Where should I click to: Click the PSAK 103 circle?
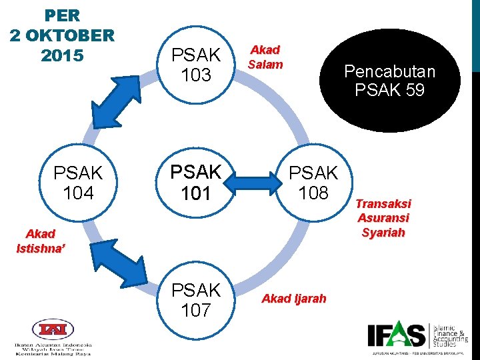coord(195,64)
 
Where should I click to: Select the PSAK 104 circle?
coord(78,183)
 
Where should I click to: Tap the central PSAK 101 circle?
coord(195,182)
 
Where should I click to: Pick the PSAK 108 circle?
coord(313,183)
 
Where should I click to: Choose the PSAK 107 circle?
coord(195,300)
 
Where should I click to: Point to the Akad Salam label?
coord(265,57)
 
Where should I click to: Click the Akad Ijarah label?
coord(294,299)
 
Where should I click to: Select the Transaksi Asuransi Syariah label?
coord(383,218)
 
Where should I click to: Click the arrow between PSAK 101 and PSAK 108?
coord(254,182)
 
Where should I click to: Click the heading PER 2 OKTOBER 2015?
coord(62,35)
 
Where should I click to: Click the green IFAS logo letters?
coord(396,335)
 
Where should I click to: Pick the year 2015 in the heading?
coord(62,55)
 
